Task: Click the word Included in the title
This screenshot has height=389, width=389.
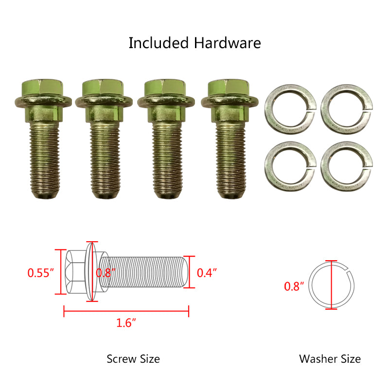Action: pyautogui.click(x=159, y=43)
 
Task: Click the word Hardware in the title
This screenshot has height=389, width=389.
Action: pyautogui.click(x=227, y=43)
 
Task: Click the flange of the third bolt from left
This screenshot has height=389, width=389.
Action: pyautogui.click(x=166, y=101)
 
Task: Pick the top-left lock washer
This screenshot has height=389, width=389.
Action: pyautogui.click(x=290, y=109)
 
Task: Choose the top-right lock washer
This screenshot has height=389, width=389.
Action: pyautogui.click(x=347, y=109)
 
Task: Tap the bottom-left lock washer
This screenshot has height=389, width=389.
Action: pyautogui.click(x=290, y=166)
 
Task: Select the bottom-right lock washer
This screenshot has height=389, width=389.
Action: pyautogui.click(x=347, y=166)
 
